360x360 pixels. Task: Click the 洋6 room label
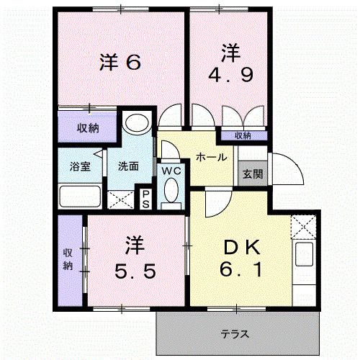coord(118,63)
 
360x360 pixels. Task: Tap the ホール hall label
coord(212,157)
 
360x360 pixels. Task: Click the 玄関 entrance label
coord(253,174)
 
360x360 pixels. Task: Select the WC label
coord(171,171)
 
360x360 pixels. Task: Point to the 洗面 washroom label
coord(129,167)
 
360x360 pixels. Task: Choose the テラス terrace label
coord(235,334)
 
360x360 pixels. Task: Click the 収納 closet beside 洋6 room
coord(88,129)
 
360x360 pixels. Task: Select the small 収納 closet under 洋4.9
coord(243,135)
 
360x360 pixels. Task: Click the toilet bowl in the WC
coord(171,191)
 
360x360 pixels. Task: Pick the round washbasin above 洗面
coord(134,125)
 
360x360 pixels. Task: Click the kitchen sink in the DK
coord(305,256)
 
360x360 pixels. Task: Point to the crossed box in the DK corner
coord(305,228)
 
